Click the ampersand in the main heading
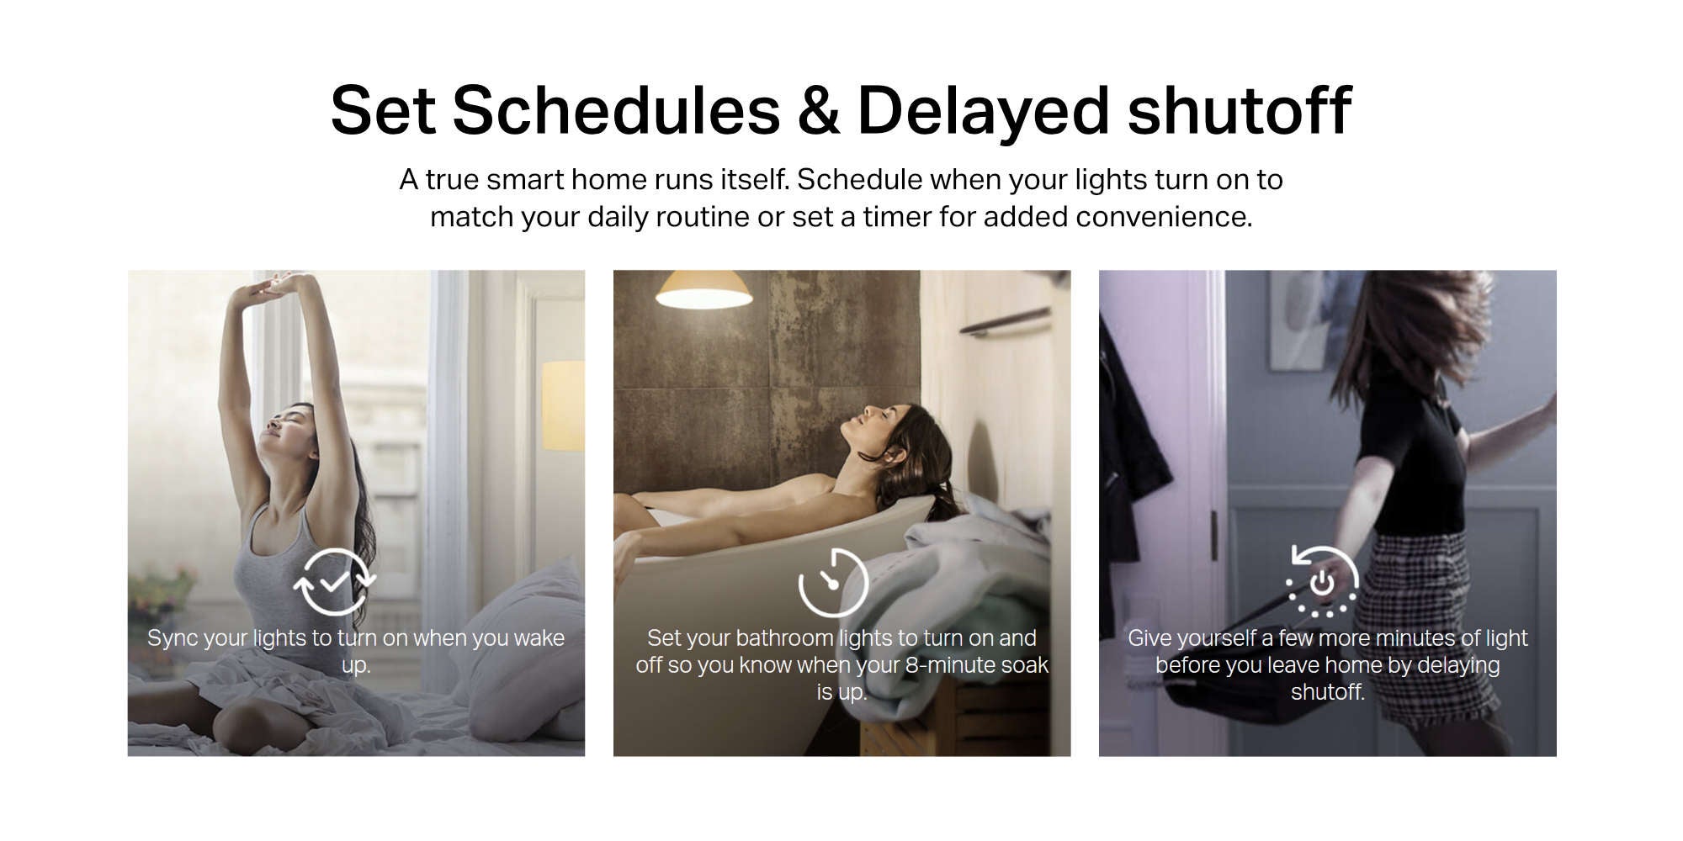tap(818, 111)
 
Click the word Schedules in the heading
tap(616, 110)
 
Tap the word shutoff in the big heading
tap(1239, 110)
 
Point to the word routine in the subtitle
tap(703, 217)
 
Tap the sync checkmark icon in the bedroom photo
tap(334, 581)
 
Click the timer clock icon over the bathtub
tap(833, 582)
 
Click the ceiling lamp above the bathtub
tap(703, 290)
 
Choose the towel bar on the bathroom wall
tap(1006, 320)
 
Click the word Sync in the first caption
tap(173, 639)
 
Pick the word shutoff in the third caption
tap(1328, 692)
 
